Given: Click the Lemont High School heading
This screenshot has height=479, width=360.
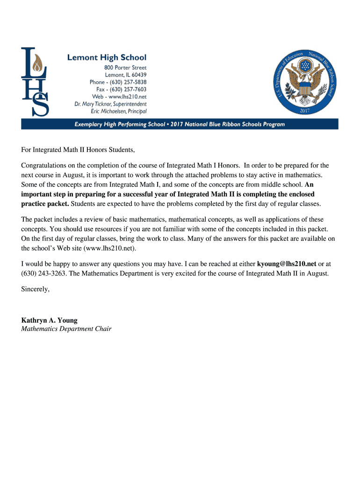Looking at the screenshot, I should [x=107, y=58].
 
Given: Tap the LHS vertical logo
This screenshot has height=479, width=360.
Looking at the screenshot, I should [x=35, y=82].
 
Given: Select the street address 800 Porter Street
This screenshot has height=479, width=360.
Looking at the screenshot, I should [x=125, y=67].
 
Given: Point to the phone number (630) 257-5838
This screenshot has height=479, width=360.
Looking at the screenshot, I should [x=118, y=82].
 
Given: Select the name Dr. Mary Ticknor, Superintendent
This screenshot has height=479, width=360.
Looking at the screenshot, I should [x=110, y=104].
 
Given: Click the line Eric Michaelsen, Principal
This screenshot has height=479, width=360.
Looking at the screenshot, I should [x=118, y=111].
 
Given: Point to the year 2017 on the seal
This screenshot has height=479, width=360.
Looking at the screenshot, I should [x=305, y=111].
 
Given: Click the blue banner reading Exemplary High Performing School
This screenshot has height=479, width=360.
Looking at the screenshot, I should [x=180, y=124].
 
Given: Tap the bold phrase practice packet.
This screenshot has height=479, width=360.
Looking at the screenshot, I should [x=45, y=204].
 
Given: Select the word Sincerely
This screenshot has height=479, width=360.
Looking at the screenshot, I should [x=35, y=290].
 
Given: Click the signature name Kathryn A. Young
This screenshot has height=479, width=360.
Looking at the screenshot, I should [x=49, y=320].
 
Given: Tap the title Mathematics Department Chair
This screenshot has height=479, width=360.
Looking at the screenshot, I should [x=66, y=329].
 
